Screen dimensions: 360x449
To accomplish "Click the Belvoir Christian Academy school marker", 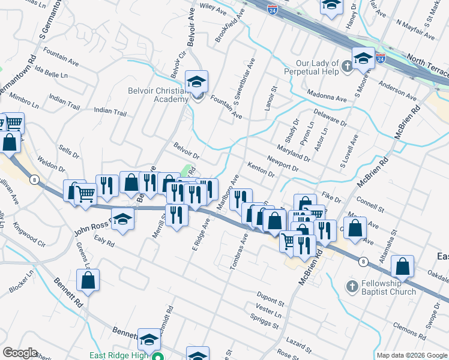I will click(x=196, y=81).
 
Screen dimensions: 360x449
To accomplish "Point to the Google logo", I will click(x=19, y=353).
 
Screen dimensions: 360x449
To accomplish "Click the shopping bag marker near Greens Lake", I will click(x=88, y=280).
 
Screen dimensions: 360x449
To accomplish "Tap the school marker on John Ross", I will click(x=122, y=219).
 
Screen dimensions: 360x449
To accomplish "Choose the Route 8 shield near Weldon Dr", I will click(x=35, y=179).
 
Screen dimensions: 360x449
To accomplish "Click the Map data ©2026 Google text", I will click(x=411, y=355).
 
